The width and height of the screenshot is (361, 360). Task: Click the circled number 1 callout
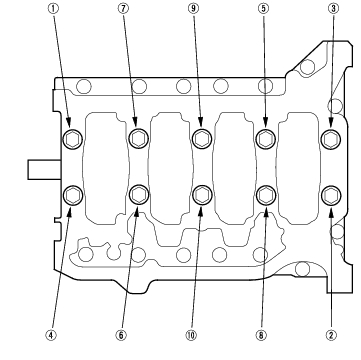[53, 9]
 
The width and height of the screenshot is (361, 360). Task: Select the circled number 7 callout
[123, 9]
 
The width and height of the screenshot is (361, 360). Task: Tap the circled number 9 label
[194, 9]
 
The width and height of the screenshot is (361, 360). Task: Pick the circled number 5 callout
[263, 9]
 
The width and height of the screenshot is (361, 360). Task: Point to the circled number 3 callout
[333, 9]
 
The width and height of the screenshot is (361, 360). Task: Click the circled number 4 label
[51, 335]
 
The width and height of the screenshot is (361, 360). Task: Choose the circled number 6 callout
[121, 335]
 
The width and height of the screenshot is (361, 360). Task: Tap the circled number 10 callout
[191, 335]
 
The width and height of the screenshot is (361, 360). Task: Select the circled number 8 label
[261, 335]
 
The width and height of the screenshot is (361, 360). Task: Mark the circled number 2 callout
[331, 335]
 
